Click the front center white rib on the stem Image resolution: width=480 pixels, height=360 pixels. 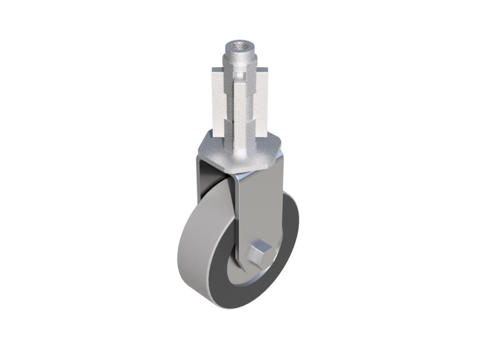[241, 108]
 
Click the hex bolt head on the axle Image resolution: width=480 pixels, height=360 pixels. [258, 254]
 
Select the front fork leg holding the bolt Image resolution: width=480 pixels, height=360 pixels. [261, 206]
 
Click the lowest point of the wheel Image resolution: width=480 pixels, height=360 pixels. [227, 308]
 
